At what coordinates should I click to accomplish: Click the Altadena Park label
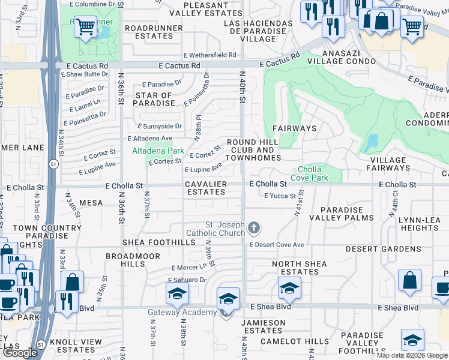(x=158, y=151)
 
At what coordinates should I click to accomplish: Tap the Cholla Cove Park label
(x=309, y=173)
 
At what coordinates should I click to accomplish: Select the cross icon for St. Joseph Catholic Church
(x=255, y=227)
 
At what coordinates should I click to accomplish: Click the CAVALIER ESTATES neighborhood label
(x=206, y=188)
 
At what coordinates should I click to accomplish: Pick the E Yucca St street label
(x=280, y=196)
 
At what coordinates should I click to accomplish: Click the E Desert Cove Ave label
(x=277, y=245)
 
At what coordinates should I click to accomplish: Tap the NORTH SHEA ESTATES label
(x=300, y=268)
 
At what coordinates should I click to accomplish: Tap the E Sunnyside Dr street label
(x=160, y=127)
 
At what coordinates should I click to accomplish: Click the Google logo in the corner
(x=20, y=353)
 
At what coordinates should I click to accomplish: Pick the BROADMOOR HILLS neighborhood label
(x=133, y=259)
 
